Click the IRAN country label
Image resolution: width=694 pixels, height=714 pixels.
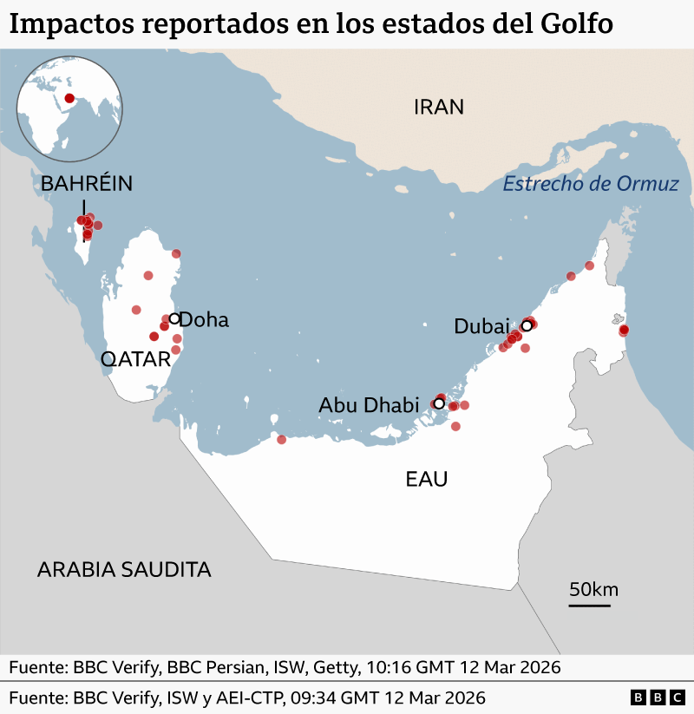[439, 107]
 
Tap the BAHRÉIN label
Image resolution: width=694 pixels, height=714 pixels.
[87, 183]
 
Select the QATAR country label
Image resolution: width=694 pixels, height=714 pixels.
[135, 359]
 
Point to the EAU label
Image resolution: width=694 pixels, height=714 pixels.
[427, 478]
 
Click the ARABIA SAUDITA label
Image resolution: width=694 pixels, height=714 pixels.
[124, 570]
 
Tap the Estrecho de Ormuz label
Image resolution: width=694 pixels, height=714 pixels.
[591, 184]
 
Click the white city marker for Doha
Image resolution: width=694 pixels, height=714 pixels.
[174, 318]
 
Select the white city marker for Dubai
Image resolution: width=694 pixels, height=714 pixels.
[526, 326]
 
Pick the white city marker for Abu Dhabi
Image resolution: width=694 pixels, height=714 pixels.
[439, 403]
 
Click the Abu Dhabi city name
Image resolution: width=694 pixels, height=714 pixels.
[369, 404]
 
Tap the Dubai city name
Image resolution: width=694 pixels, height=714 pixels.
[481, 326]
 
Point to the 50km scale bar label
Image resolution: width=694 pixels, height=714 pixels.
[593, 590]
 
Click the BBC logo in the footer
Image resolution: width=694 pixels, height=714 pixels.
[657, 698]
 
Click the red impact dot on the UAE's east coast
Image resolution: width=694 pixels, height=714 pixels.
[623, 330]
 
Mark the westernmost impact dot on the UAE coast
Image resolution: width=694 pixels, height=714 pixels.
[281, 439]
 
